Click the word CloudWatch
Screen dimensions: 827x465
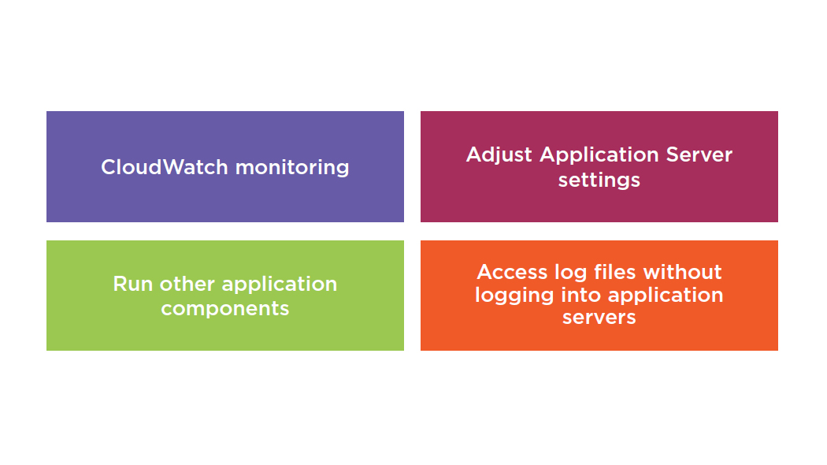coord(165,167)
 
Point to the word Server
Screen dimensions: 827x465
coord(699,154)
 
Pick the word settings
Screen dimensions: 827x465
coord(599,180)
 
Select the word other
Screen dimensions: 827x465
coord(187,284)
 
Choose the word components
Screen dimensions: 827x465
coord(225,309)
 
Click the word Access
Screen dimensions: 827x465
coord(512,273)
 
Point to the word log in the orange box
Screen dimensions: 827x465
coord(571,273)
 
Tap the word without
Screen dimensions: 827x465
coord(683,273)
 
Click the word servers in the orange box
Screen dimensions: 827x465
coord(599,318)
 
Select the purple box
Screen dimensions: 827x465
coord(225,167)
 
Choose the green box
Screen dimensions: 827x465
coord(225,296)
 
